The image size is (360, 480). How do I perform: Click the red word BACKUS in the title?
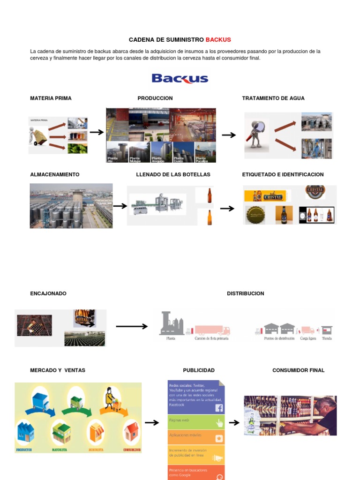[218, 40]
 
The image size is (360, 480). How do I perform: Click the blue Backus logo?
[180, 78]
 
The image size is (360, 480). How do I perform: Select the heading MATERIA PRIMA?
[51, 98]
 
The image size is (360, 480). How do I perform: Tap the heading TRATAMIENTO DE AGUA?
[273, 98]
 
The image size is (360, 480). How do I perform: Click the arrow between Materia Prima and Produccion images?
[97, 133]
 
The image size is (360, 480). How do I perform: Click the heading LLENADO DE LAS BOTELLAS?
[173, 174]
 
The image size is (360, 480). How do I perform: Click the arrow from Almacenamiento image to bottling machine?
[120, 206]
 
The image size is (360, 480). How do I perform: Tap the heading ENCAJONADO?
[48, 293]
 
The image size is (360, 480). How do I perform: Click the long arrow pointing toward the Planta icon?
[132, 327]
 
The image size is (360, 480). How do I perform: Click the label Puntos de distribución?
[279, 338]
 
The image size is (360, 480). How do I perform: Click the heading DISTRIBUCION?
[246, 293]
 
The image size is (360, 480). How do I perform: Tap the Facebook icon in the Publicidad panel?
[219, 408]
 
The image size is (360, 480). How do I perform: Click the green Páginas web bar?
[196, 422]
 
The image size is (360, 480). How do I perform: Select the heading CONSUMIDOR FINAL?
[299, 370]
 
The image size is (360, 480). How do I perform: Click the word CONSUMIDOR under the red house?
[131, 450]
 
